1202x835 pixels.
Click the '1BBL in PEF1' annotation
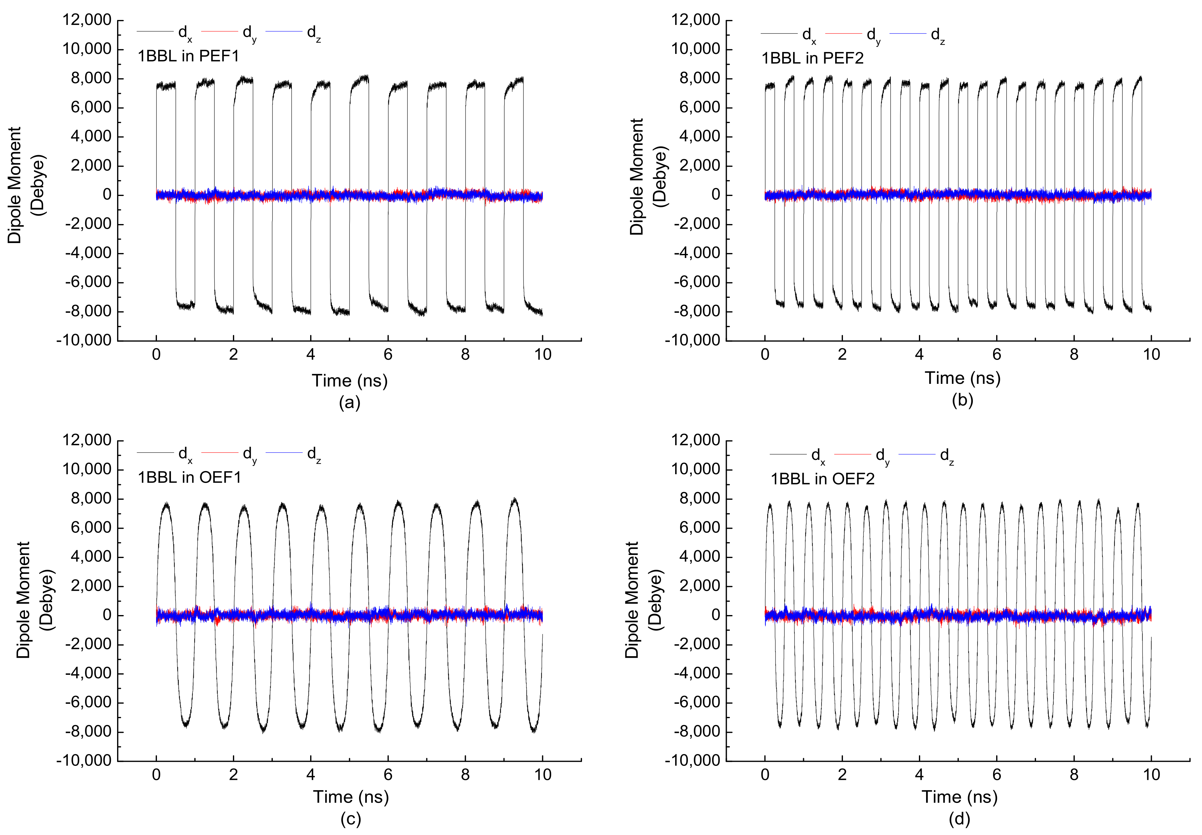point(188,56)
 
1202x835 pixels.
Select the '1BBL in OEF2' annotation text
point(822,479)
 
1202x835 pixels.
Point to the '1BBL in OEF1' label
point(189,477)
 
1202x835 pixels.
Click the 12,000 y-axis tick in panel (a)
point(87,20)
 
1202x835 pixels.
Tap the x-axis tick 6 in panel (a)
point(388,355)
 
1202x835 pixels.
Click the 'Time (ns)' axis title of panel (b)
point(963,378)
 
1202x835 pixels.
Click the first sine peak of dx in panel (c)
point(166,505)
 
